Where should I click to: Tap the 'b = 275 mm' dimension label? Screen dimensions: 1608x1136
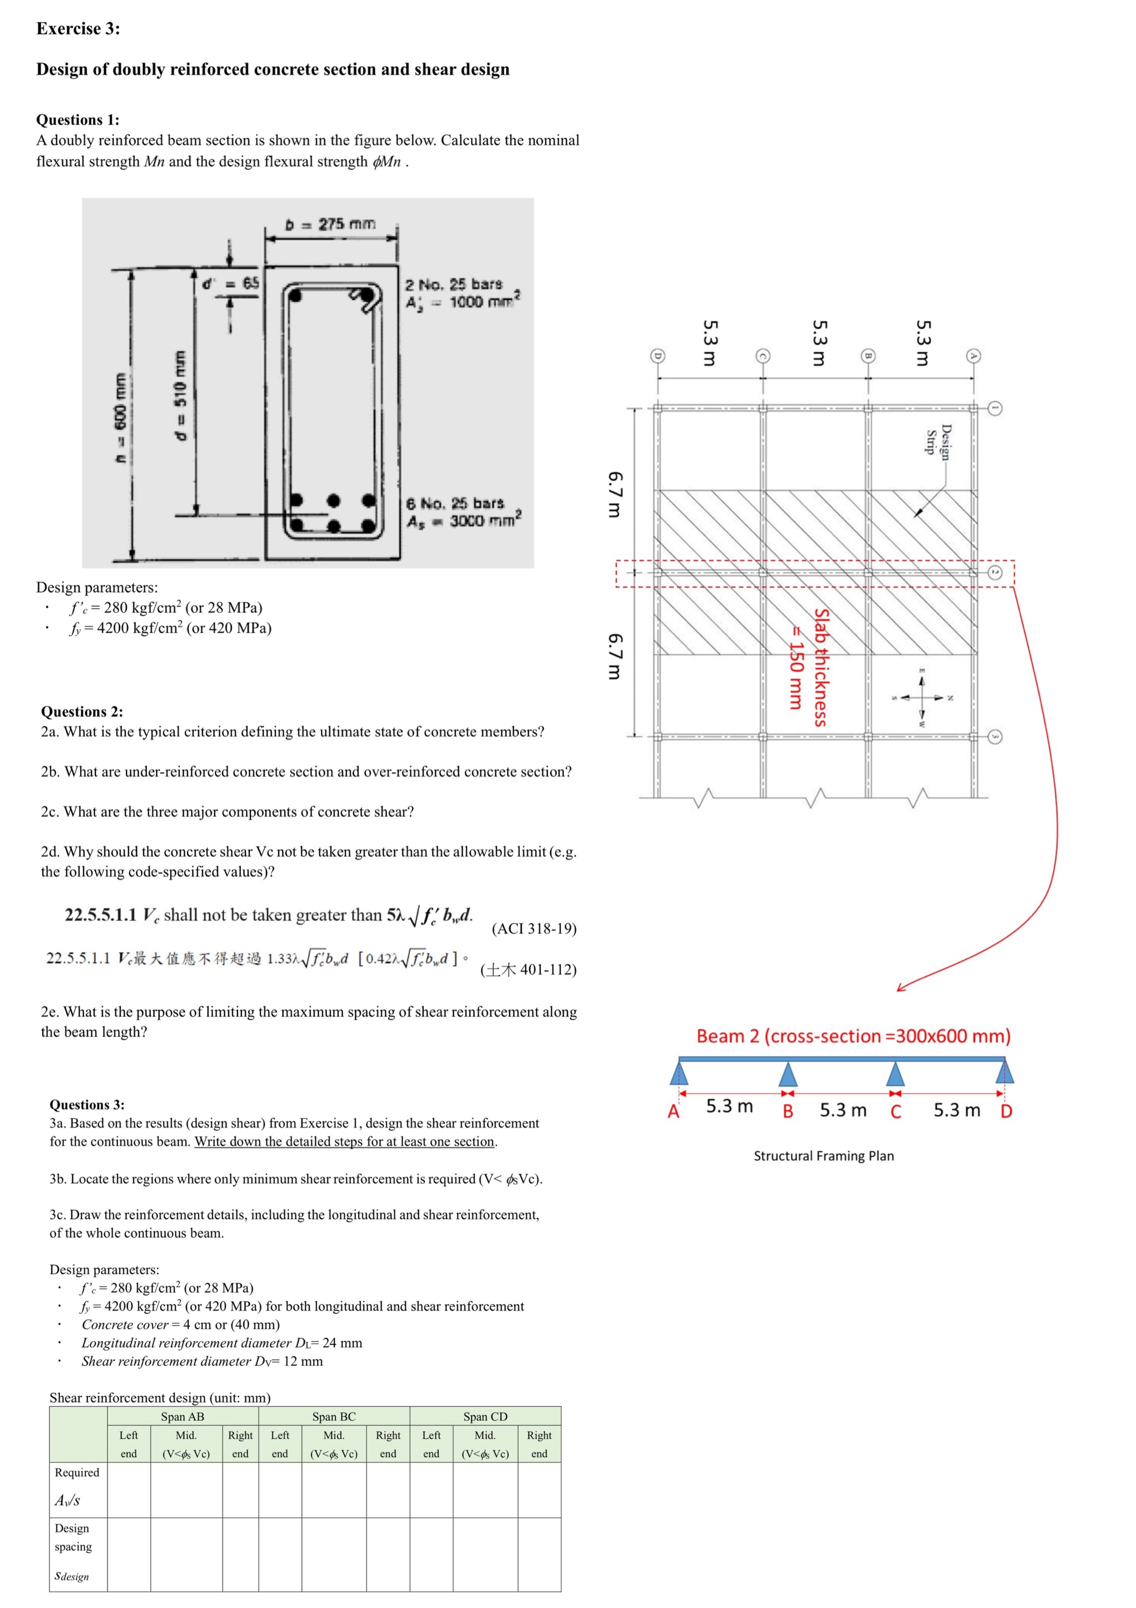click(x=331, y=224)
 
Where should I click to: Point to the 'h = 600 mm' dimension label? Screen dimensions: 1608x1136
click(x=121, y=417)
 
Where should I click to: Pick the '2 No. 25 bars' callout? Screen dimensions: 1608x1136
click(x=453, y=285)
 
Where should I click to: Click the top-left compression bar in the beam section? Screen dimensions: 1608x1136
click(x=295, y=295)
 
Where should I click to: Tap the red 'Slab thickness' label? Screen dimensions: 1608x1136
click(x=821, y=667)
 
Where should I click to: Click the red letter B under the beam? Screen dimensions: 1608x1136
click(x=787, y=1111)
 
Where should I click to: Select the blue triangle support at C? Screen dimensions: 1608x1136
click(x=895, y=1073)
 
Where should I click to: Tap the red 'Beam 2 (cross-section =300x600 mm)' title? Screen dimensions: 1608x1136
click(x=853, y=1036)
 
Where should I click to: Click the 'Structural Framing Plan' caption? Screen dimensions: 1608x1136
click(x=823, y=1156)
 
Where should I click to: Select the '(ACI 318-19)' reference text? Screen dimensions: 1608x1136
click(x=534, y=929)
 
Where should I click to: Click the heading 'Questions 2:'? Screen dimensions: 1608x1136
click(x=82, y=712)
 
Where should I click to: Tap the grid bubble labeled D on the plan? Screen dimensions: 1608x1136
click(x=657, y=356)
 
